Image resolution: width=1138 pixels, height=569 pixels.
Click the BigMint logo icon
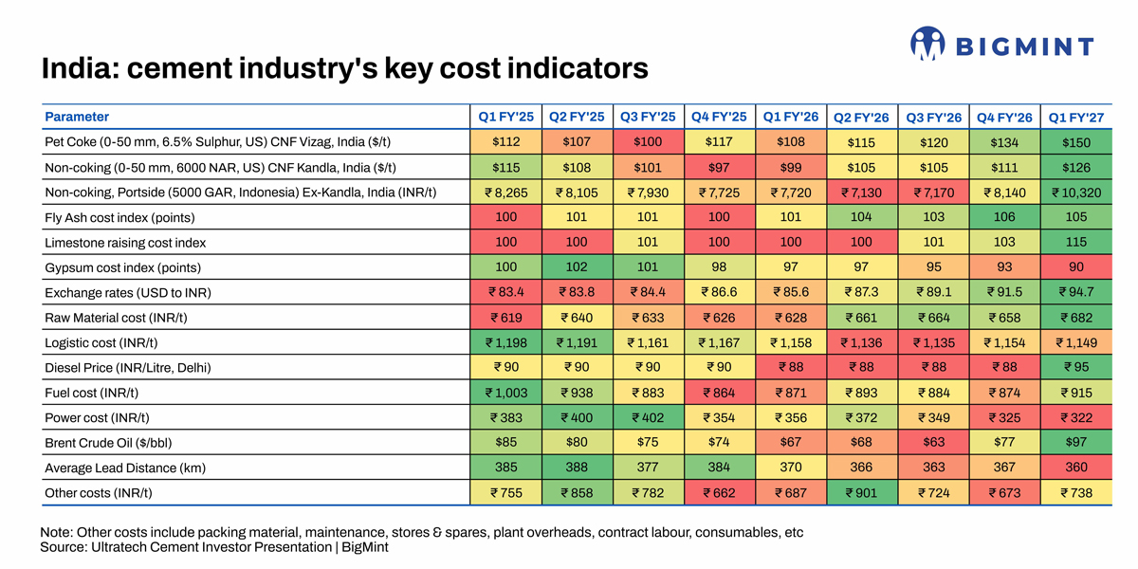pos(927,44)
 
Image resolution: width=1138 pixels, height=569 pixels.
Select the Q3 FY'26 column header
pos(934,118)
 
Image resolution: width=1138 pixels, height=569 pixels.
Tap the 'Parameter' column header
pos(77,117)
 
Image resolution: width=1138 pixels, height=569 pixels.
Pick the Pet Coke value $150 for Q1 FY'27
pos(1076,142)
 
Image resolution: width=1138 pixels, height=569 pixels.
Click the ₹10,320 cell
pos(1076,193)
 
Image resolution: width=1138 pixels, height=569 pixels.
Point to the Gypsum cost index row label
pos(123,267)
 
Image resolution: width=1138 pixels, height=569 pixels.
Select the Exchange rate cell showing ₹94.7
pos(1076,292)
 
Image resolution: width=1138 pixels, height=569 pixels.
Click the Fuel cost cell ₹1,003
pos(506,393)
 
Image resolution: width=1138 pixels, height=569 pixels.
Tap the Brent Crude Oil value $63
pos(934,443)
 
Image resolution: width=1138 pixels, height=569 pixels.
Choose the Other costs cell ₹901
pos(862,493)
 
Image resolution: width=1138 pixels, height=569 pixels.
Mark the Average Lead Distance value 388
pos(577,468)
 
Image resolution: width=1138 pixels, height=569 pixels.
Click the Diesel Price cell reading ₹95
pos(1076,367)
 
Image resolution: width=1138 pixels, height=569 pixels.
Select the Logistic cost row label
pos(101,343)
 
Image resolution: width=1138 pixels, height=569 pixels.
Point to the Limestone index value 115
pos(1076,243)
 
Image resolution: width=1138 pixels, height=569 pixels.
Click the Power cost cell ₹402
pos(648,417)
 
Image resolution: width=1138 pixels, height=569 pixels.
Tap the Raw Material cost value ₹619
pos(506,318)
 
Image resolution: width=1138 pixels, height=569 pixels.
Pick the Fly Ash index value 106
pos(1004,217)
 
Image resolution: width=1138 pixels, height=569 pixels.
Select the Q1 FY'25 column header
pos(506,118)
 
